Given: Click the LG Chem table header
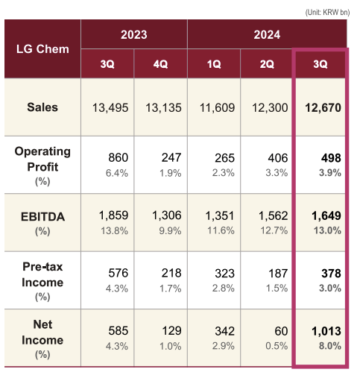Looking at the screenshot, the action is click(x=42, y=49).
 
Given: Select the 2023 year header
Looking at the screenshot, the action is click(x=134, y=34).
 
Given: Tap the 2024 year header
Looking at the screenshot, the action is click(x=267, y=34).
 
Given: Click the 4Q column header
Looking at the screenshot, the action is click(x=160, y=64).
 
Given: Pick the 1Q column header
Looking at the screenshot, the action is click(x=214, y=64).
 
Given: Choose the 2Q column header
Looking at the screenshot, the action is click(x=267, y=64).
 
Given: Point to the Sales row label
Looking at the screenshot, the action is click(x=42, y=107).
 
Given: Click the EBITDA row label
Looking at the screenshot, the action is click(x=42, y=217).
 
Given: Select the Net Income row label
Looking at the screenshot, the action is click(x=42, y=333).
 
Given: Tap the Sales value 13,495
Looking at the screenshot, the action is click(x=110, y=108).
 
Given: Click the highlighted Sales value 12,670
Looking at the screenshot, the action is click(x=323, y=108).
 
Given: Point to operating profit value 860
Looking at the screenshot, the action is click(x=119, y=158).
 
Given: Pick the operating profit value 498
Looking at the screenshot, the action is click(x=331, y=158).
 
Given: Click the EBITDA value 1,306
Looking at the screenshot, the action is click(x=167, y=215).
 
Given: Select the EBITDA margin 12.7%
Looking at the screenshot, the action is click(x=274, y=230).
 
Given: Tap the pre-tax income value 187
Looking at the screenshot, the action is click(x=278, y=274).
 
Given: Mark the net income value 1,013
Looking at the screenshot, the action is click(x=326, y=331).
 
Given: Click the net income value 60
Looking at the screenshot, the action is click(x=281, y=331).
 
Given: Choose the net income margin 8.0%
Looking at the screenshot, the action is click(x=330, y=346).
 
